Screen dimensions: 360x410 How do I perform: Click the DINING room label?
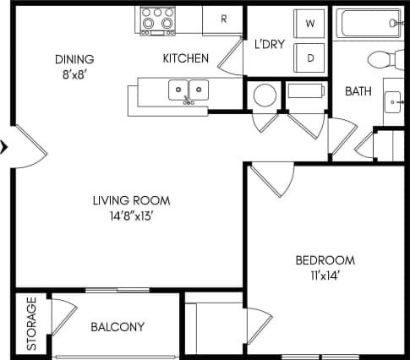click(x=74, y=59)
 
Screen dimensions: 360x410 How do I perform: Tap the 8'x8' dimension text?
click(x=74, y=74)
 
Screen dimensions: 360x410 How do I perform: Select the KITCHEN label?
click(x=185, y=59)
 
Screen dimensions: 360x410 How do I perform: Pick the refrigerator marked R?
click(x=224, y=20)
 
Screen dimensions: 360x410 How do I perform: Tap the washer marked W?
click(x=309, y=24)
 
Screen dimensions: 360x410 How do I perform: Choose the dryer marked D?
click(x=309, y=57)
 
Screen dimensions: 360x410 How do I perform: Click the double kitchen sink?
click(x=188, y=89)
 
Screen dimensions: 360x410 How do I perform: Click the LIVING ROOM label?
click(x=131, y=201)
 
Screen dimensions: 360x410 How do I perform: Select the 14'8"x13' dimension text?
click(x=131, y=215)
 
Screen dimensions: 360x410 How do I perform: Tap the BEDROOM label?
click(x=325, y=260)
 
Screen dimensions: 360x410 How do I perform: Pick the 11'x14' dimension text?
click(x=325, y=275)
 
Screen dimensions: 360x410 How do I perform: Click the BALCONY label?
click(x=117, y=327)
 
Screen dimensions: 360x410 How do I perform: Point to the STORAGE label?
click(x=31, y=325)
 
